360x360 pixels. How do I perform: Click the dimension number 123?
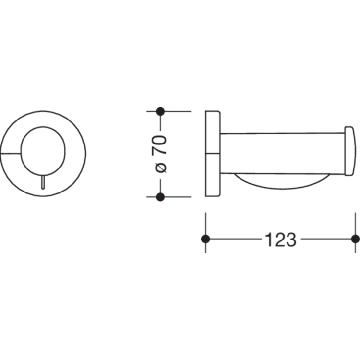point(280,240)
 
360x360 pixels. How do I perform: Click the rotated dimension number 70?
point(161,144)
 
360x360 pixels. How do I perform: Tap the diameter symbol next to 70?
point(161,168)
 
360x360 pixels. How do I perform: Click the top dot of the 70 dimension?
point(160,111)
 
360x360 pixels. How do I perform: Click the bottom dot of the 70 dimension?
point(160,197)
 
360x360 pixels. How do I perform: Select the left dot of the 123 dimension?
point(205,239)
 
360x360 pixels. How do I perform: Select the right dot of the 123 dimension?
point(355,239)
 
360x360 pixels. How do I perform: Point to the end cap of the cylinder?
point(350,151)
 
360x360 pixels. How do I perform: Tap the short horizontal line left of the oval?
point(11,153)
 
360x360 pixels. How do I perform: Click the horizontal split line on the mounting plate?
point(213,154)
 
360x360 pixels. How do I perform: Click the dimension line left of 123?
point(235,239)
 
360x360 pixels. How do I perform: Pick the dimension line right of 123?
point(327,239)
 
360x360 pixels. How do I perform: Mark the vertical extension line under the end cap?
point(355,220)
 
